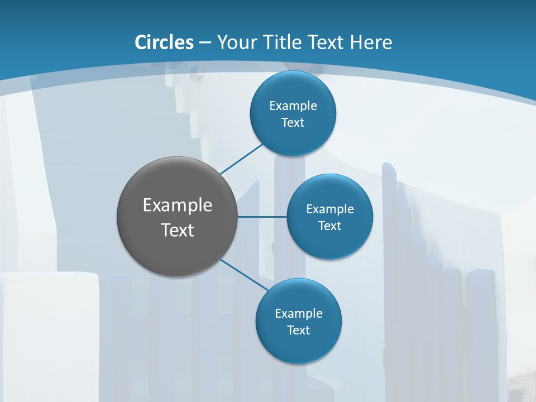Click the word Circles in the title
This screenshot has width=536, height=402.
click(x=164, y=42)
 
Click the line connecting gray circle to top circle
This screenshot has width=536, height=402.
click(x=241, y=159)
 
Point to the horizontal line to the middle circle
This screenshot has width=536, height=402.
click(x=262, y=216)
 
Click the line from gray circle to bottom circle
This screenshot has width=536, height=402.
click(x=243, y=274)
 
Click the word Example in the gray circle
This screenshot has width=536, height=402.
click(x=178, y=205)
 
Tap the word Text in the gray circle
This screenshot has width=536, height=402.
click(x=178, y=230)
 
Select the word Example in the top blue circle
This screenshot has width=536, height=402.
click(x=293, y=106)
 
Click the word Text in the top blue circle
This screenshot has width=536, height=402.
click(x=293, y=123)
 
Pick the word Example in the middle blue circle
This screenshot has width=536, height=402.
click(x=329, y=209)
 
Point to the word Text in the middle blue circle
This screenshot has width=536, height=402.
click(x=329, y=226)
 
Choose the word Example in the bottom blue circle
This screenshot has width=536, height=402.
click(x=298, y=314)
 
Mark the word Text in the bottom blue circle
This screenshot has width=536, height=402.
click(x=298, y=331)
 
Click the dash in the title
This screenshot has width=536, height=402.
click(x=204, y=42)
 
